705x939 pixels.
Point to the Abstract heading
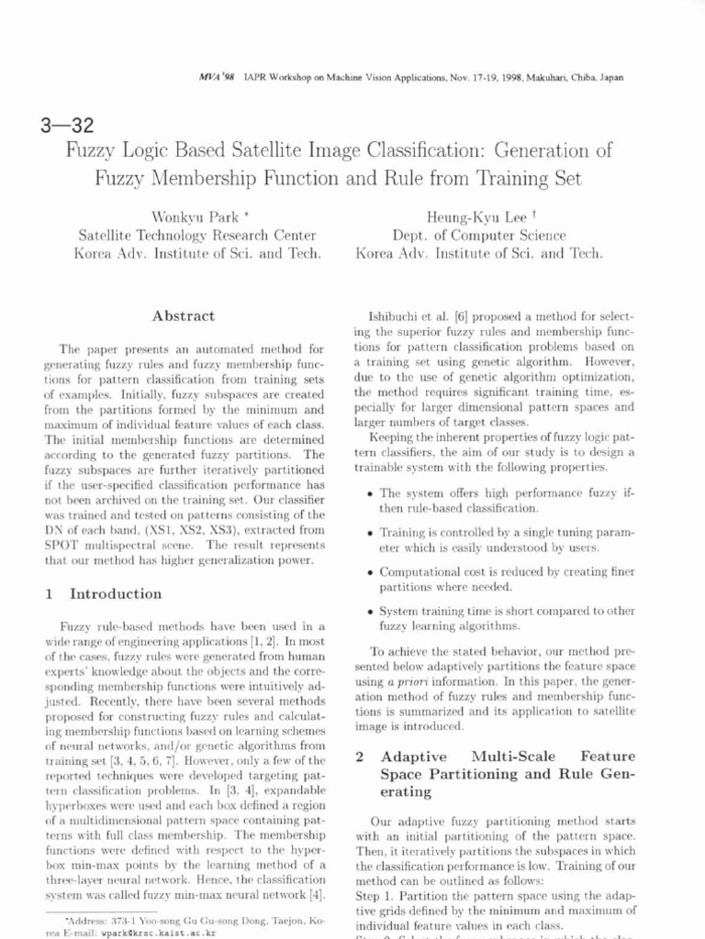click(185, 315)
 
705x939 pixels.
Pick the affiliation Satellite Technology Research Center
click(198, 236)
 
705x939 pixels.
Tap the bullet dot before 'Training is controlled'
click(368, 532)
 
